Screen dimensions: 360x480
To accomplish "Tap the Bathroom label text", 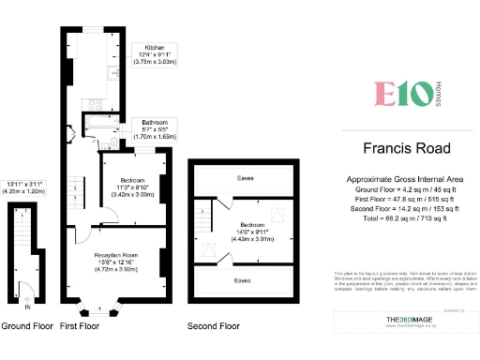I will pos(155,123).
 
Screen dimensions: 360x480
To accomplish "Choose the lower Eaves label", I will pos(242,279).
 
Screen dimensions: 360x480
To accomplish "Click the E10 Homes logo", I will pos(403,94).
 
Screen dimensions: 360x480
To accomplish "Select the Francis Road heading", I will pos(406,148).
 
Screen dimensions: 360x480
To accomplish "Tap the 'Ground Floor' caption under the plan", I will pos(26,326).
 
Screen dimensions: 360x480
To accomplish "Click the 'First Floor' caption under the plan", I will pos(81,326).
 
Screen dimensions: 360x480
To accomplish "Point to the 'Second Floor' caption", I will pos(215,326).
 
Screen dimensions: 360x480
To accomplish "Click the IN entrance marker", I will pos(28,307).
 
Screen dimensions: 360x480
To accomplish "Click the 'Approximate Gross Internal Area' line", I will pos(406,178).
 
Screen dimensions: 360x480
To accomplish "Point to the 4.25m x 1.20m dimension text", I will pos(25,191).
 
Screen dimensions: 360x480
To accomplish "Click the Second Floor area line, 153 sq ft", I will pos(406,207).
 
